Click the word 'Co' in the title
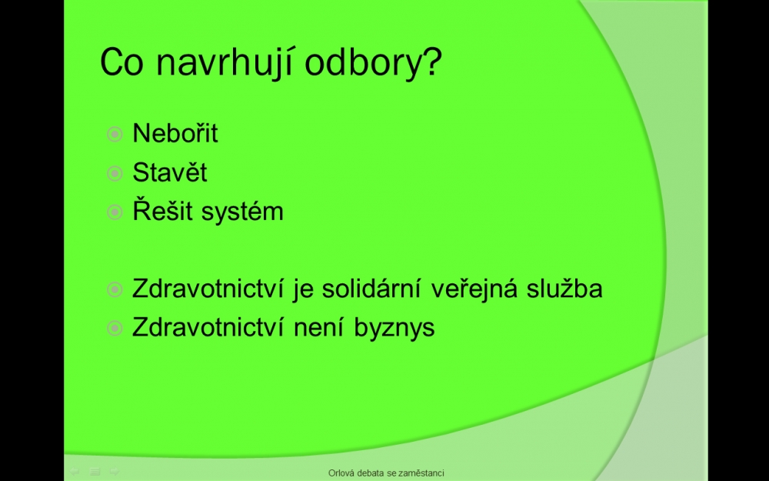click(122, 62)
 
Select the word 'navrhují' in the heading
click(224, 63)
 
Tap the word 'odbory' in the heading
click(362, 63)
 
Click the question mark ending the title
click(431, 61)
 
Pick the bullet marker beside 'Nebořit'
click(115, 134)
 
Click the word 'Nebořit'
click(175, 133)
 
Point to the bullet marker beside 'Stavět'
click(115, 173)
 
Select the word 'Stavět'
click(170, 172)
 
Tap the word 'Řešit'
click(162, 211)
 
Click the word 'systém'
click(242, 212)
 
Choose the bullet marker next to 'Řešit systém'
click(115, 212)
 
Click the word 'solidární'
click(371, 288)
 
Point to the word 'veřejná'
click(474, 289)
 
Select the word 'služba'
click(564, 288)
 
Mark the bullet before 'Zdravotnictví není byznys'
click(115, 328)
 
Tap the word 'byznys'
click(394, 328)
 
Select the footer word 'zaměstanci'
click(421, 473)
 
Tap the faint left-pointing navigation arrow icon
click(75, 472)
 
